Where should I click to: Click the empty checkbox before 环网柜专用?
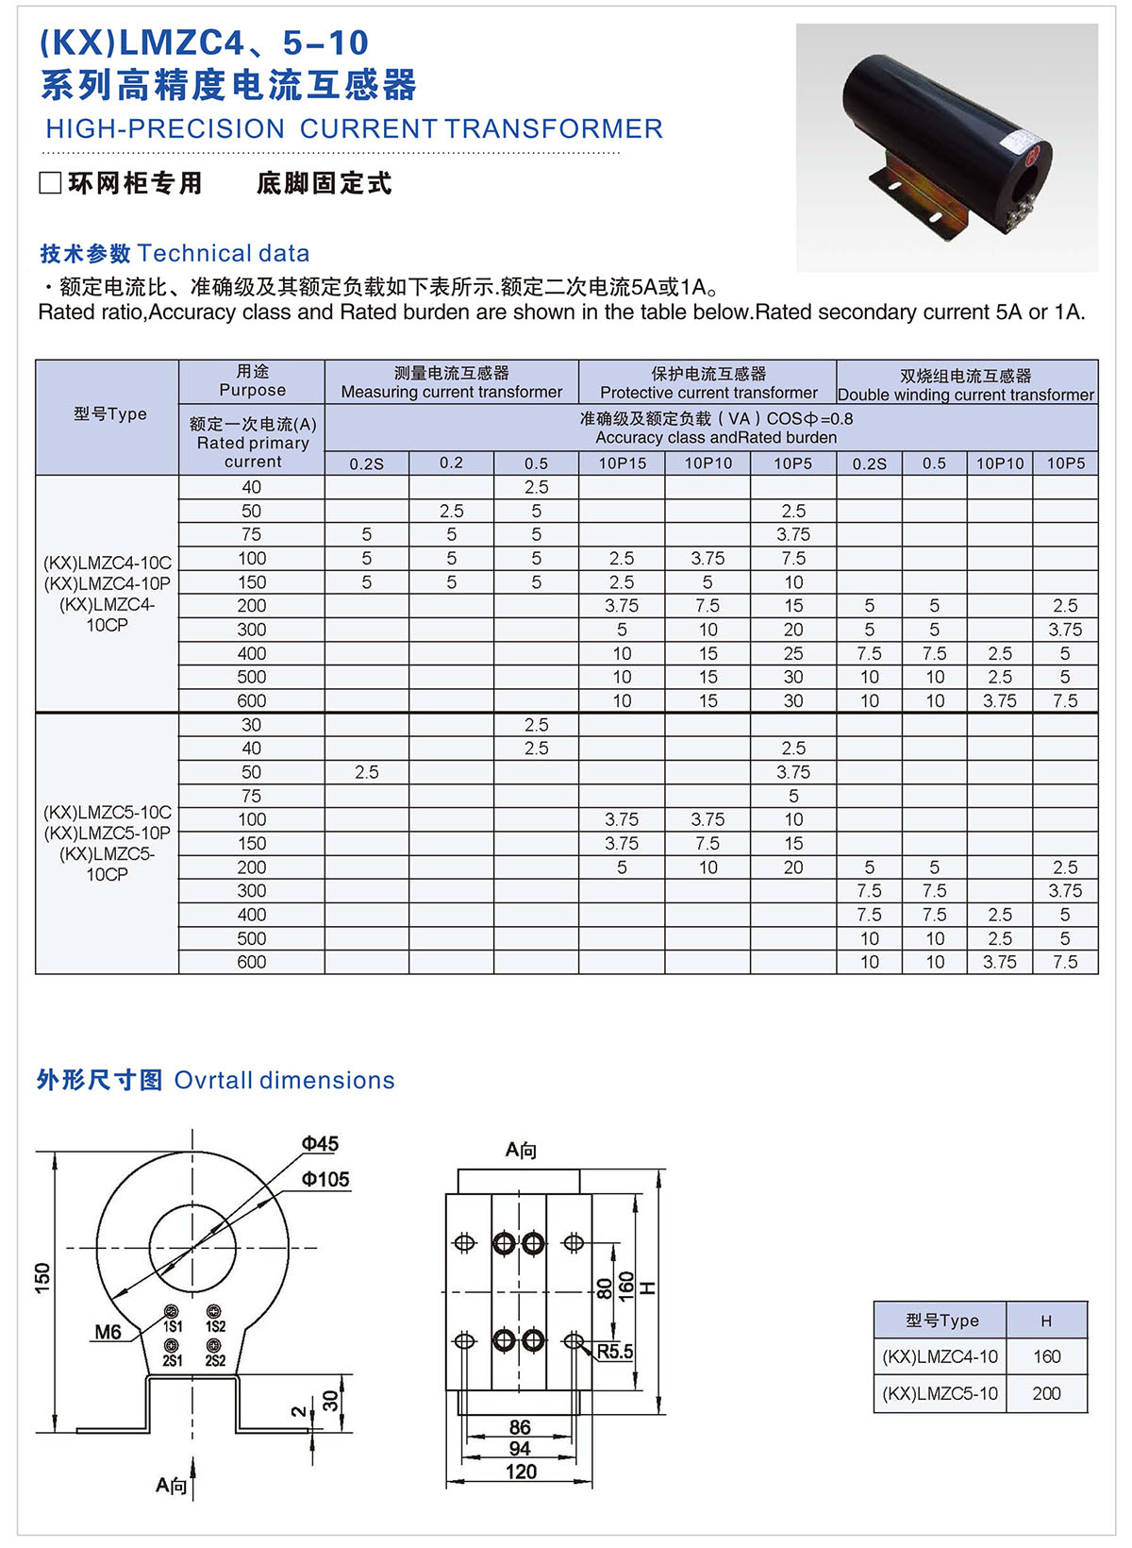(50, 183)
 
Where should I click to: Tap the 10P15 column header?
(623, 463)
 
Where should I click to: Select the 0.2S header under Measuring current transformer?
(367, 463)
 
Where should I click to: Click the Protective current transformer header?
(708, 383)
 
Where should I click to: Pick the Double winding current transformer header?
(966, 385)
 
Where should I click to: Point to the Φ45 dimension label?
(320, 1144)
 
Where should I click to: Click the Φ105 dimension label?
(325, 1180)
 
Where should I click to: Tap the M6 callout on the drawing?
(108, 1332)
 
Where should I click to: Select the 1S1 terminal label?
(173, 1327)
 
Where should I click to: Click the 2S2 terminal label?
(215, 1361)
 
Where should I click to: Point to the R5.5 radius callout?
(615, 1352)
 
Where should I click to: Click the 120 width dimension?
(521, 1472)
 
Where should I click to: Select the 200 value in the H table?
(1046, 1393)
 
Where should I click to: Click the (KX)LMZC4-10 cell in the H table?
(940, 1356)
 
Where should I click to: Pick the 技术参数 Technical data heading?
(175, 254)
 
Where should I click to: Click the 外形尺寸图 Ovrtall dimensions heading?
(215, 1081)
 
